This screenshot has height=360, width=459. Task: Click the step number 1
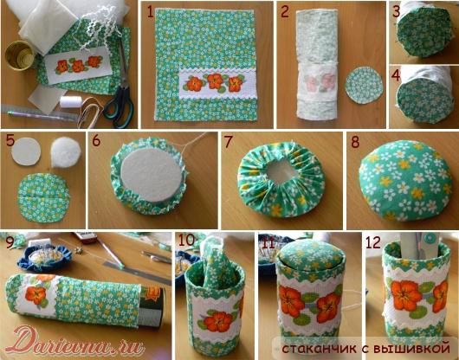(x=150, y=13)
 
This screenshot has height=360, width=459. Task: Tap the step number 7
(x=228, y=142)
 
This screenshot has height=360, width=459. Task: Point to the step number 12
(x=373, y=242)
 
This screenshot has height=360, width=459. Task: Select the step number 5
(x=10, y=140)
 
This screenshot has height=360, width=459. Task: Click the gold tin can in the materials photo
(x=20, y=55)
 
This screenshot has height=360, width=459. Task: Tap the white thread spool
(x=71, y=102)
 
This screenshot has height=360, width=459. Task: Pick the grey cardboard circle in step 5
(x=26, y=151)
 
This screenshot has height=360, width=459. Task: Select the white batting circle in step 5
(x=66, y=152)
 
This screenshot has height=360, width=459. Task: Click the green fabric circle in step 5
(x=43, y=197)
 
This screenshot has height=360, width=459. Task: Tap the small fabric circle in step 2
(x=364, y=86)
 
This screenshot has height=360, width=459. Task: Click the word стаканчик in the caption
(x=319, y=349)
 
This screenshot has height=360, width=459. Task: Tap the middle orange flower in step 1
(x=215, y=81)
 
